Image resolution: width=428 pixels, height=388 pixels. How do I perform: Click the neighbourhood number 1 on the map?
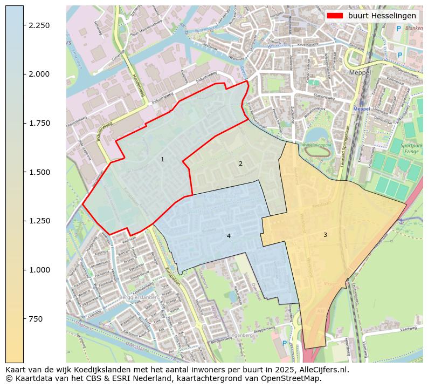click(162, 159)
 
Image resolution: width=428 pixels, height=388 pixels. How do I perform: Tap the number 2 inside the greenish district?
click(240, 164)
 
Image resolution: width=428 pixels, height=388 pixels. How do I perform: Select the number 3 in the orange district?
click(325, 235)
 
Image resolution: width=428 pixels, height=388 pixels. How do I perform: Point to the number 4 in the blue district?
click(229, 236)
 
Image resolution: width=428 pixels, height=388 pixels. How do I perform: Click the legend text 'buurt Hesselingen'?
click(382, 16)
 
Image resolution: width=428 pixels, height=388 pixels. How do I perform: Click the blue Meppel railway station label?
click(361, 108)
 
